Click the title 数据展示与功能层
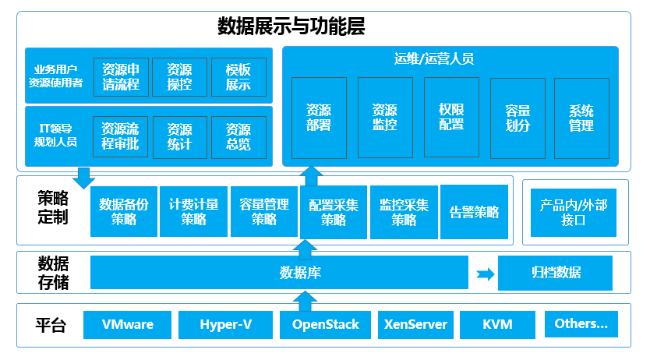coord(291,28)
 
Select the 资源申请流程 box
coord(121,76)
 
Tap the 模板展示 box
coord(238,76)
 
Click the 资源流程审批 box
coord(121,137)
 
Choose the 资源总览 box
coord(238,137)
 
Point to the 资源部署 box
coord(318,117)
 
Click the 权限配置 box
coord(451,117)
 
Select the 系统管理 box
coord(581,117)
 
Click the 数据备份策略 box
coord(123,211)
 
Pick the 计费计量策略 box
coord(193,211)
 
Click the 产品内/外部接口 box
coord(573,211)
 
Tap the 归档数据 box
coord(556,273)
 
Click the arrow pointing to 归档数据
coord(486,274)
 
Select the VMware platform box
coord(127,324)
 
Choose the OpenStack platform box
coord(325,324)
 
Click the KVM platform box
coord(497,324)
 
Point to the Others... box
coord(581,323)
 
